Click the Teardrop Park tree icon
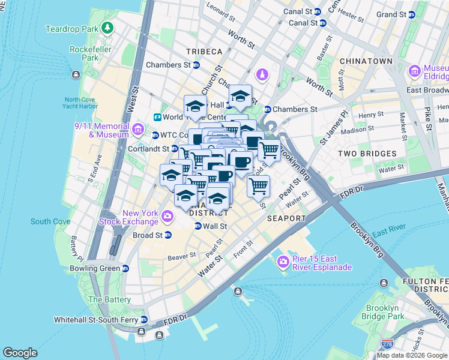point(107,28)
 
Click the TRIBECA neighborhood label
point(204,52)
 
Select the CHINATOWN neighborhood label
point(366,61)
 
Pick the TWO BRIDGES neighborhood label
point(367,154)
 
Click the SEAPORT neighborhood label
point(287,218)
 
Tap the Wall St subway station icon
point(197,226)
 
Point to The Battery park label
point(109,299)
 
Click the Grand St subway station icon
point(412,14)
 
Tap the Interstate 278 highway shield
point(388,344)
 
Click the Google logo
point(20,353)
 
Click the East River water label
point(387,233)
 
